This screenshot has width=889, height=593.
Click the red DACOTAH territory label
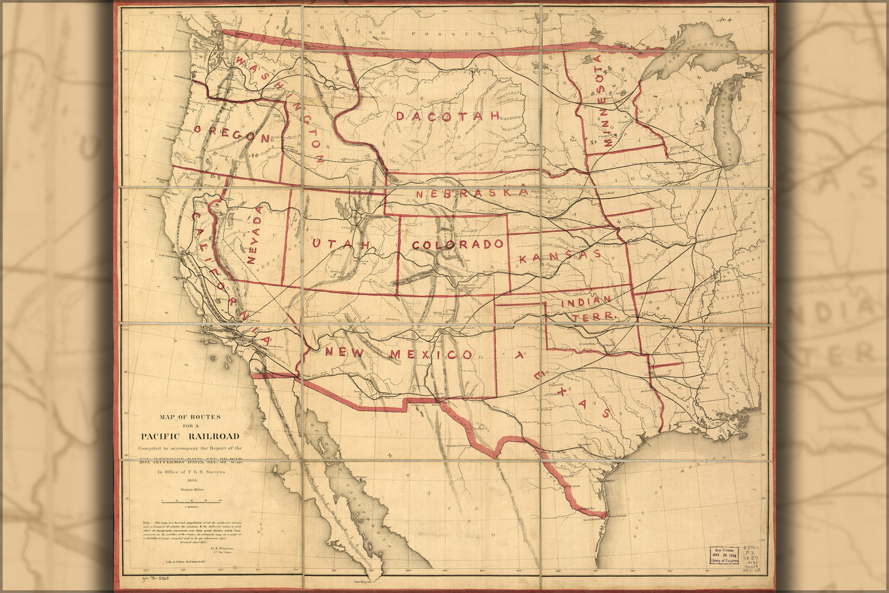(x=448, y=116)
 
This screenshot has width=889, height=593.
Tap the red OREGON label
(x=232, y=135)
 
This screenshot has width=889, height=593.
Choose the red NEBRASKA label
(x=471, y=193)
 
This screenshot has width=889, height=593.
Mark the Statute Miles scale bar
(x=191, y=502)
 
